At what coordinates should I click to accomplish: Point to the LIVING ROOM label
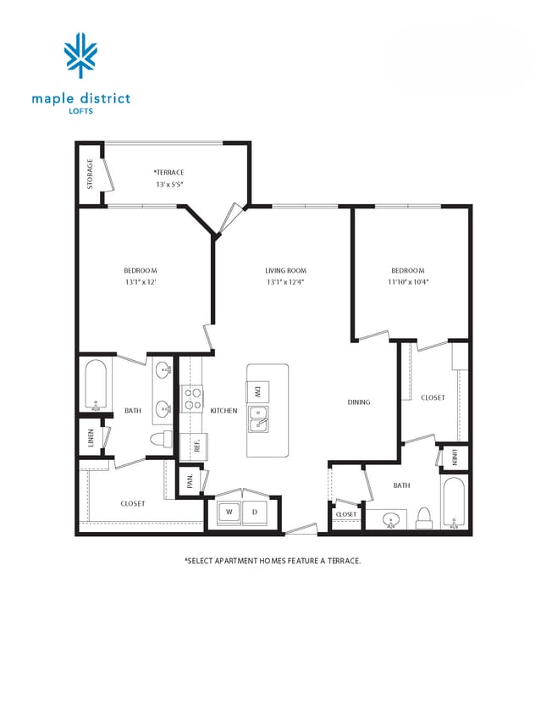pyautogui.click(x=285, y=271)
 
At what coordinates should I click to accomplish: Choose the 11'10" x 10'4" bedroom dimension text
pyautogui.click(x=408, y=282)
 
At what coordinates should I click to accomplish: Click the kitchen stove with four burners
pyautogui.click(x=193, y=398)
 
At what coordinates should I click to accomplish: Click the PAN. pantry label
pyautogui.click(x=191, y=481)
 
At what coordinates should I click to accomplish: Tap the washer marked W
pyautogui.click(x=229, y=512)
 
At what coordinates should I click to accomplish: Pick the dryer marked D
pyautogui.click(x=254, y=512)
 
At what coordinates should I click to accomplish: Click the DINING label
pyautogui.click(x=359, y=402)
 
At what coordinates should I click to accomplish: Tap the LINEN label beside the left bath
pyautogui.click(x=91, y=441)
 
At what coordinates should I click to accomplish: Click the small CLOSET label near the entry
pyautogui.click(x=346, y=514)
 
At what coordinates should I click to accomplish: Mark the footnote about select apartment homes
pyautogui.click(x=273, y=561)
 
